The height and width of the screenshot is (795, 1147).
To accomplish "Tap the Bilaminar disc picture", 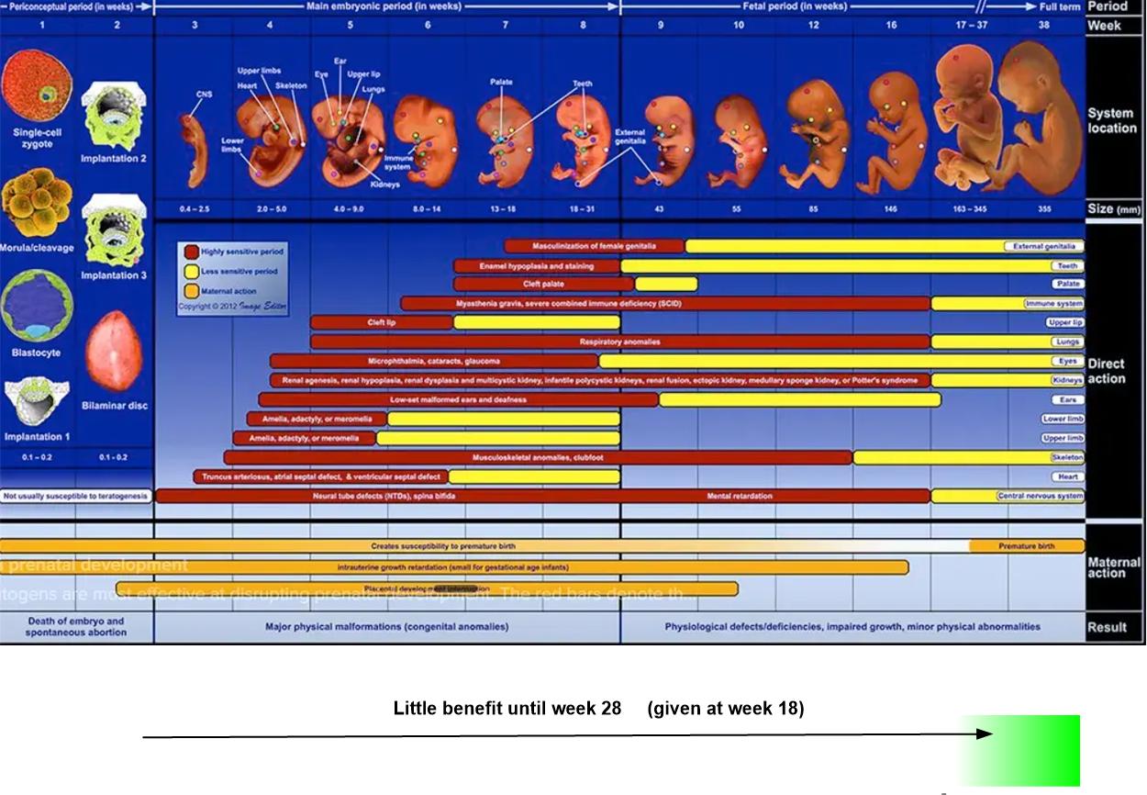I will click(x=114, y=351).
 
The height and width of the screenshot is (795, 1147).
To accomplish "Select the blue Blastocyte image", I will click(x=36, y=305).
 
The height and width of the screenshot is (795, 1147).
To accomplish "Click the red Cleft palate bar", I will click(x=543, y=285).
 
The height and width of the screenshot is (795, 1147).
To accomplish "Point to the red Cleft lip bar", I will click(x=381, y=323).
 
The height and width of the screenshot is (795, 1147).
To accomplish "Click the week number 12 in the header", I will click(x=814, y=26).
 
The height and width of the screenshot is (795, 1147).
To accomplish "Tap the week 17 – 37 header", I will click(x=971, y=26).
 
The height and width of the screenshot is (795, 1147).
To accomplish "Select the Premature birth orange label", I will click(x=1026, y=546).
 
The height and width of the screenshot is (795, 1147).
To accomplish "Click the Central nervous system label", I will click(x=1040, y=497).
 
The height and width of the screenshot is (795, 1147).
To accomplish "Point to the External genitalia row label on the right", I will click(x=1043, y=247).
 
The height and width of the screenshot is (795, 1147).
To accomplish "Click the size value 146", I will click(x=891, y=209).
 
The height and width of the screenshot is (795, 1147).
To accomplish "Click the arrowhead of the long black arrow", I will click(x=986, y=733).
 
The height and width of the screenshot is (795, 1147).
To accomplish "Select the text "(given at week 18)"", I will click(x=725, y=709).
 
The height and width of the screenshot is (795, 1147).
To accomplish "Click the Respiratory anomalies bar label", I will click(x=619, y=342).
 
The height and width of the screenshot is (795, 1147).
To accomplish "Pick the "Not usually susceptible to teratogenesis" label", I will click(x=75, y=497).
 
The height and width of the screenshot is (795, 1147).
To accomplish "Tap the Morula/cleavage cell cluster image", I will click(x=36, y=207).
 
